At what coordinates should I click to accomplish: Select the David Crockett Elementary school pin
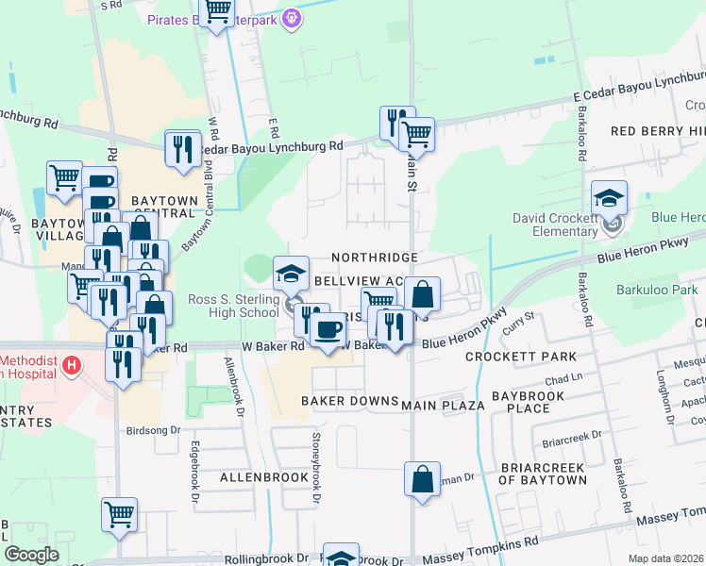point(609,199)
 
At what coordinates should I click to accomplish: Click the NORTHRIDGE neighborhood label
point(374,258)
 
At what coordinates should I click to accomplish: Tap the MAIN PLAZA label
point(443,405)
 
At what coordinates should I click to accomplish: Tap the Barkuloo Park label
point(651,290)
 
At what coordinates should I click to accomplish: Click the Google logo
point(31,554)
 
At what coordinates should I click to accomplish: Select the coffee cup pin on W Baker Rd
point(328,330)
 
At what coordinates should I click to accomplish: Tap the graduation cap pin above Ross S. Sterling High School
point(291,274)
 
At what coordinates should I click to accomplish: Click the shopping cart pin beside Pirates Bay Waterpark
point(217,12)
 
